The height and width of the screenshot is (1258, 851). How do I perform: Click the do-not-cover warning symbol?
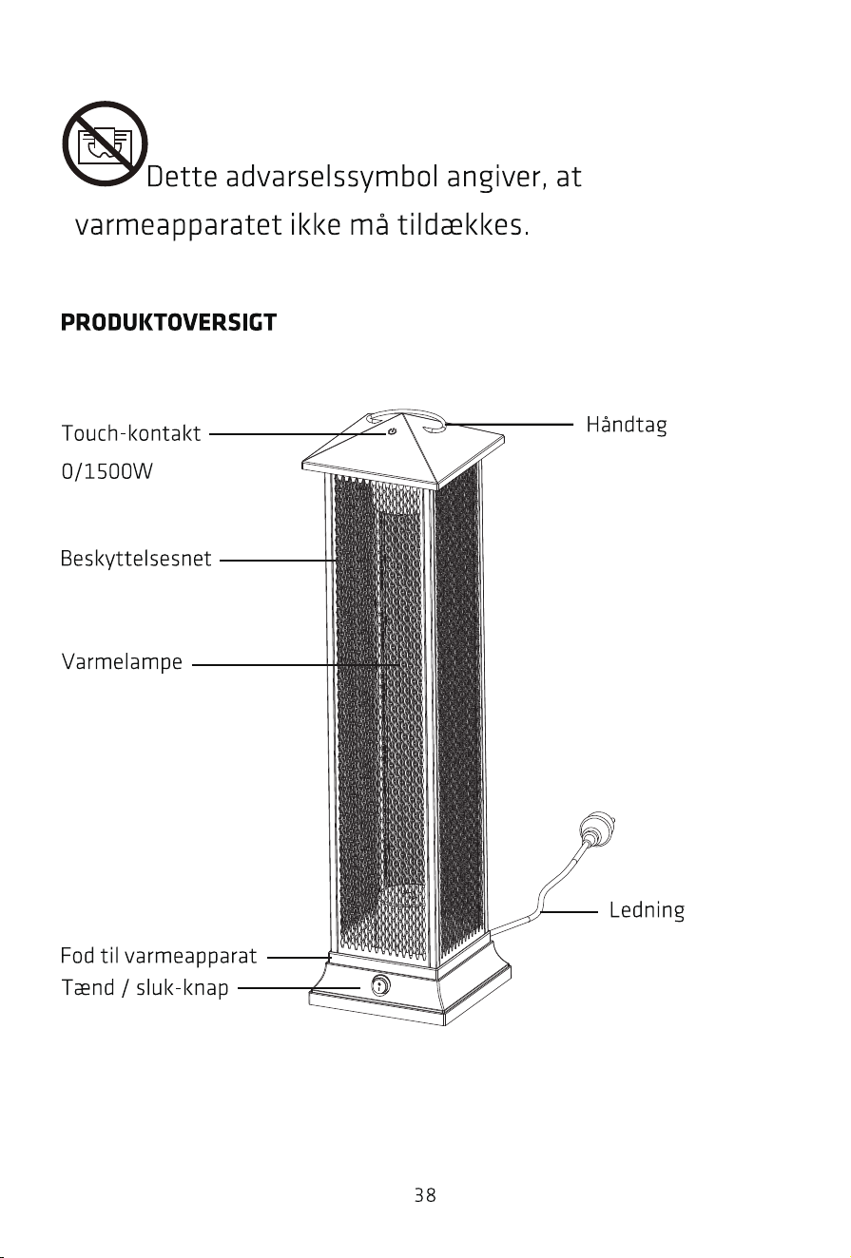point(105,143)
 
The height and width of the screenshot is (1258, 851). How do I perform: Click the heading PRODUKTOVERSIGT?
point(168,322)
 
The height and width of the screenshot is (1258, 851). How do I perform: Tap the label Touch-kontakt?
point(131,433)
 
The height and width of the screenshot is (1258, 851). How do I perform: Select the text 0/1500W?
point(106,471)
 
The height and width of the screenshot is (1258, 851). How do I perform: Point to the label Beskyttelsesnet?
point(136,559)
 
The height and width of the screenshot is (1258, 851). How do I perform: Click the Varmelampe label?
point(122,662)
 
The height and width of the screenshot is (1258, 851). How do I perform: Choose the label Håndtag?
point(627,425)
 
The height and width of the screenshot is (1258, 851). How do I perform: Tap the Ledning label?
point(647,910)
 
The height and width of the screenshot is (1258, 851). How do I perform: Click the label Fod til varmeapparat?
point(159,956)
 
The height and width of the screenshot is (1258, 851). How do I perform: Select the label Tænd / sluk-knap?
point(145,988)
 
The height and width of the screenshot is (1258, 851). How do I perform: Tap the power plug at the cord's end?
point(596,829)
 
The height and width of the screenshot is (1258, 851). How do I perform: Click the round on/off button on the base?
point(380,985)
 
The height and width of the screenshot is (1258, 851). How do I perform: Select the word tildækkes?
point(464,225)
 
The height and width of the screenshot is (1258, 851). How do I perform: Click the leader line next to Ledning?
point(569,912)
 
